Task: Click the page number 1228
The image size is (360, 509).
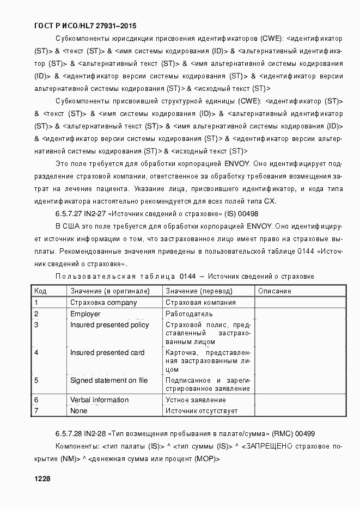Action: (42, 479)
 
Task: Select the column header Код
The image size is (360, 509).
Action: (40, 291)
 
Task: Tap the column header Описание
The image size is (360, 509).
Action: (274, 291)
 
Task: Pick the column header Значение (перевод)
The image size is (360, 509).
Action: (199, 291)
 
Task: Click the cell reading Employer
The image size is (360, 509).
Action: (86, 314)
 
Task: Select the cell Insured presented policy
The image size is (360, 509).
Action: (109, 325)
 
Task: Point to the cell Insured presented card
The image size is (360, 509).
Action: (107, 352)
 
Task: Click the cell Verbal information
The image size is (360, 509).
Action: (100, 400)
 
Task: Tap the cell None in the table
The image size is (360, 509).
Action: (79, 411)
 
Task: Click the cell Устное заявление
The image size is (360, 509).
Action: (196, 400)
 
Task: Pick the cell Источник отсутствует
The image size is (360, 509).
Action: (202, 411)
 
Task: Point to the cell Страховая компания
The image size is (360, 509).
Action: (200, 303)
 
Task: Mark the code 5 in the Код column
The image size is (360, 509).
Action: (36, 380)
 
